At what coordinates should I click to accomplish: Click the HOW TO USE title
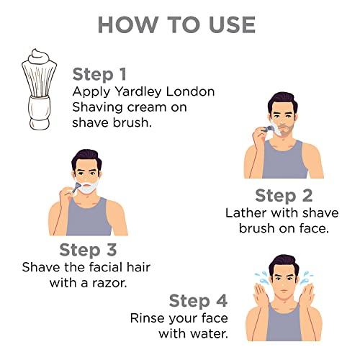click(x=176, y=25)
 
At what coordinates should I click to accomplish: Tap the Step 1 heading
click(x=99, y=74)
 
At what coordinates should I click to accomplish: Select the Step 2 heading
click(x=284, y=196)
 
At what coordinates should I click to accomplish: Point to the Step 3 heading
click(x=88, y=250)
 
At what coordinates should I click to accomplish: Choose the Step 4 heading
click(x=198, y=301)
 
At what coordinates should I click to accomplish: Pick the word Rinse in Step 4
click(x=148, y=318)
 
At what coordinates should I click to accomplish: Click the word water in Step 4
click(x=210, y=334)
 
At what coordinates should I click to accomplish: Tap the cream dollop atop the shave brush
click(x=39, y=57)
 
